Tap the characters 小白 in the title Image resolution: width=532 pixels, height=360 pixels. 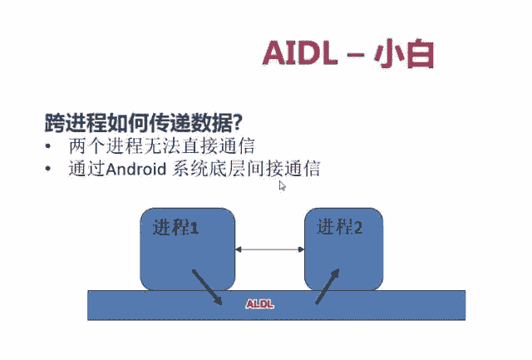click(x=405, y=53)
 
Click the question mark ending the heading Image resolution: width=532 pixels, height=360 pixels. click(x=237, y=123)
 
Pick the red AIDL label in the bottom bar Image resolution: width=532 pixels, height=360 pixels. click(x=259, y=304)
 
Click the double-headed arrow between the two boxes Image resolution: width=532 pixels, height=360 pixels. click(x=270, y=248)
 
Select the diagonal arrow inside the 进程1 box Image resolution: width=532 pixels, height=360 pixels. click(x=206, y=285)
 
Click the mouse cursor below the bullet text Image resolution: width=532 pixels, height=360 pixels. click(x=283, y=186)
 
